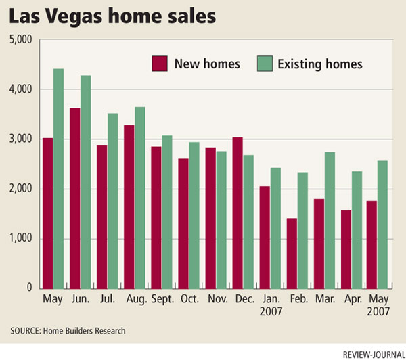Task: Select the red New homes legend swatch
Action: (x=158, y=64)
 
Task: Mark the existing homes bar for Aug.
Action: (x=139, y=197)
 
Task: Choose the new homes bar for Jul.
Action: (x=102, y=217)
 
